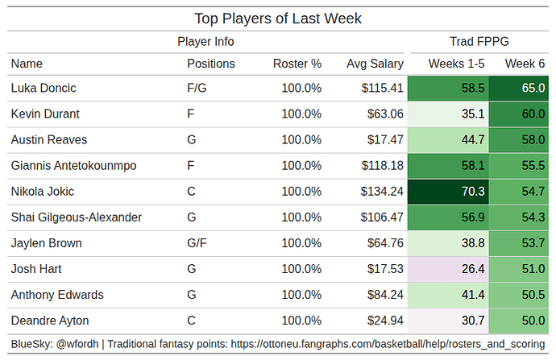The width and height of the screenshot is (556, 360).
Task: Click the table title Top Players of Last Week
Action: pos(278,18)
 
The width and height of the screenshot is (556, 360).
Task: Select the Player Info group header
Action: pos(205,42)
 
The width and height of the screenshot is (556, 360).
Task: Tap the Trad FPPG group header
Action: pos(479,42)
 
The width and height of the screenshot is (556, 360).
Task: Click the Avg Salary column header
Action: pos(375,64)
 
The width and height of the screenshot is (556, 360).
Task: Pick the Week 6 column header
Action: pos(525,64)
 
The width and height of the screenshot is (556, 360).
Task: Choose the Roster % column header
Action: pos(297,64)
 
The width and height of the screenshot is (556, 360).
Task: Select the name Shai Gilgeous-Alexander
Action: pos(77,217)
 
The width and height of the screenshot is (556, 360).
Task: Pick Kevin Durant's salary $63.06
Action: pos(384,114)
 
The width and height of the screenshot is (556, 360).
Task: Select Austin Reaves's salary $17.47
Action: pos(384,140)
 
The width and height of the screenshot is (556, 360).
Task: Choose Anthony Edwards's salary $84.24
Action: pos(384,295)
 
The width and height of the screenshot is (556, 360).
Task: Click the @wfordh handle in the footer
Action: pos(77,345)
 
